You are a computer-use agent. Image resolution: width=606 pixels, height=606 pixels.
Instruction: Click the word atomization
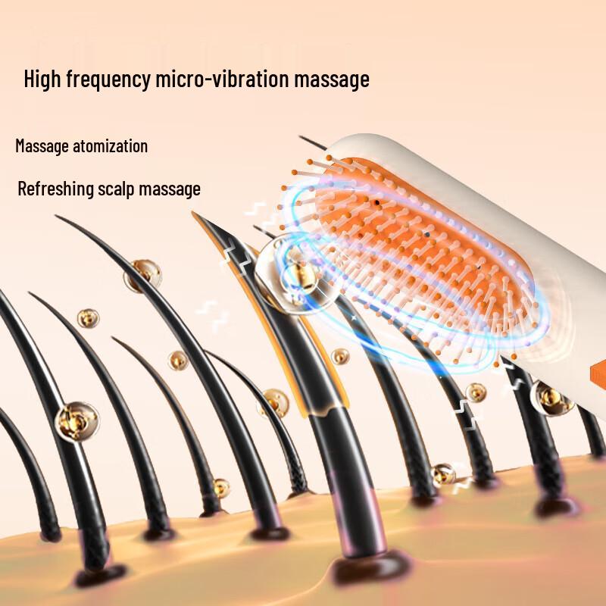(x=112, y=145)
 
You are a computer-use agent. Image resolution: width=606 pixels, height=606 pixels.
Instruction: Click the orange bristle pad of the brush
(x=424, y=250)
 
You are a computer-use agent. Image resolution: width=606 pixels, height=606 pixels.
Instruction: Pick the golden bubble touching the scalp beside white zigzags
(x=443, y=474)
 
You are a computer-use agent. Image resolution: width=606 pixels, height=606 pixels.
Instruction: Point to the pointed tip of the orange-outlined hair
(x=195, y=215)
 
